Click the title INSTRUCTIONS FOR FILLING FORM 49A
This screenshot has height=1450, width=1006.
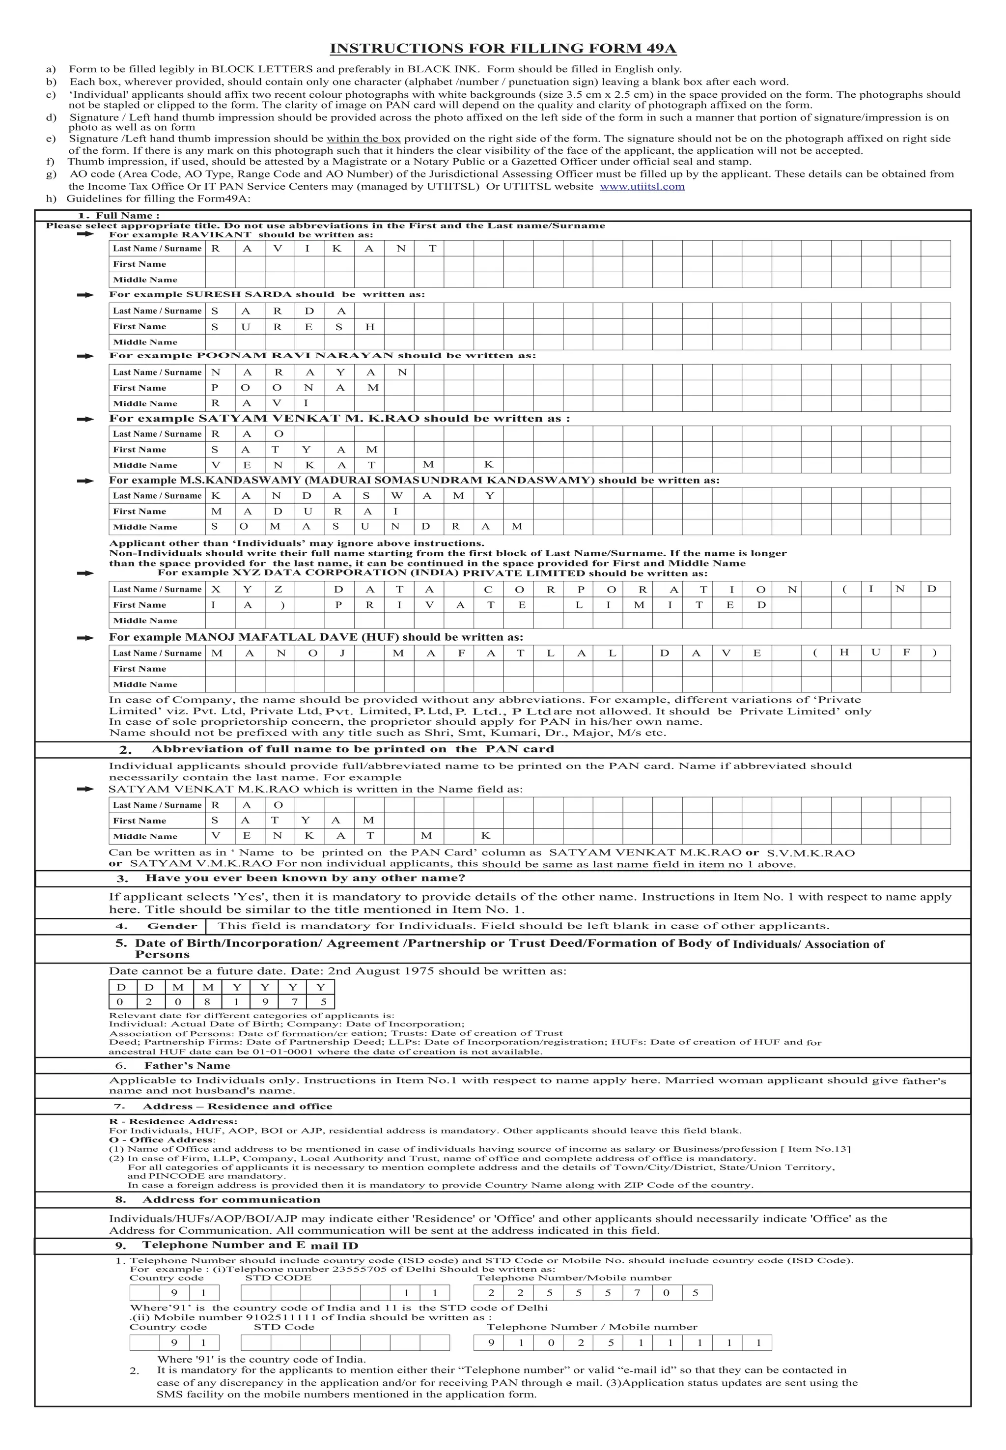pyautogui.click(x=503, y=49)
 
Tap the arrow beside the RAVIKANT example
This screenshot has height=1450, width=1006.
pyautogui.click(x=84, y=234)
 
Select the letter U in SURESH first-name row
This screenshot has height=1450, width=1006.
pyautogui.click(x=246, y=327)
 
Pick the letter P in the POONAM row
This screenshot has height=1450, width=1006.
pyautogui.click(x=216, y=388)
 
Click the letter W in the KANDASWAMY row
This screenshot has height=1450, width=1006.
pyautogui.click(x=397, y=495)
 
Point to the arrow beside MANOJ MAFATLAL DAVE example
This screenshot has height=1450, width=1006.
pyautogui.click(x=84, y=638)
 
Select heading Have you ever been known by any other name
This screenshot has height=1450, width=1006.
pyautogui.click(x=305, y=878)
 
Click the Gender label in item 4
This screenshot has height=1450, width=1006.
pyautogui.click(x=172, y=926)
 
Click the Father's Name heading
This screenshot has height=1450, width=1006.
pyautogui.click(x=187, y=1065)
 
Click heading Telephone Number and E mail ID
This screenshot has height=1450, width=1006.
pyautogui.click(x=250, y=1245)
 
